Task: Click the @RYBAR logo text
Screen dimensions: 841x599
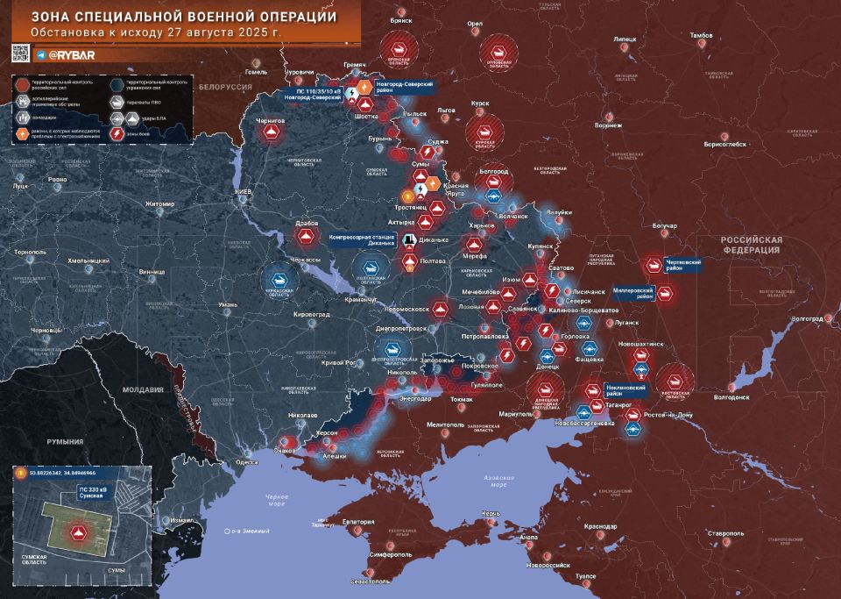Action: [71, 55]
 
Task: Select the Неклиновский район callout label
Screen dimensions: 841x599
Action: [625, 389]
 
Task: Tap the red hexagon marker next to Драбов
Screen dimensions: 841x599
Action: [305, 236]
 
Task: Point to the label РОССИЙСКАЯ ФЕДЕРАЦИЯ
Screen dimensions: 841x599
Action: [750, 244]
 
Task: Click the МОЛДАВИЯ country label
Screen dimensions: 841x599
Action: [143, 389]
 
